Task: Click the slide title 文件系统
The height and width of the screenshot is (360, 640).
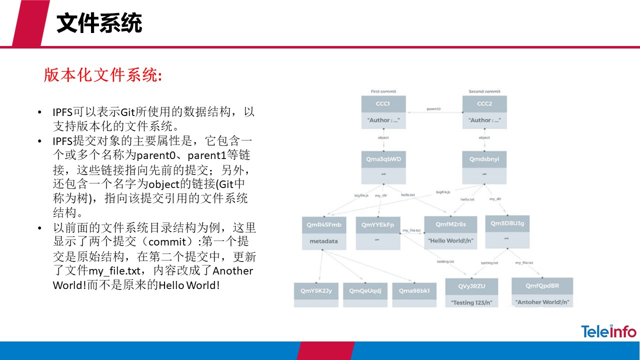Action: click(99, 23)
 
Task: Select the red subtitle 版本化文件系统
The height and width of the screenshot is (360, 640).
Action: click(103, 75)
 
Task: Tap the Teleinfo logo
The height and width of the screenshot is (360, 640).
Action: click(608, 331)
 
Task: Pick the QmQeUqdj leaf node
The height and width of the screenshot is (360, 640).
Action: click(365, 290)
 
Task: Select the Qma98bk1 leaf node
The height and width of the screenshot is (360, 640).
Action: click(414, 290)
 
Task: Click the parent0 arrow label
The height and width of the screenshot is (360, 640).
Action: click(433, 108)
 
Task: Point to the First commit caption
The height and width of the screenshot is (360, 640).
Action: click(383, 91)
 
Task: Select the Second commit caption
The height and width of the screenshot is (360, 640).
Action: click(484, 91)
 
